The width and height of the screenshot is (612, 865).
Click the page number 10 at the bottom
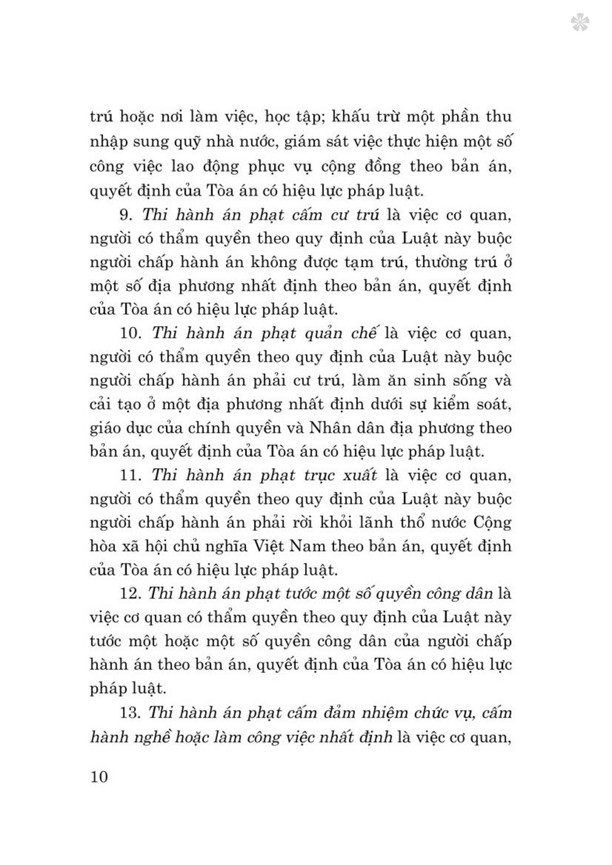click(x=99, y=777)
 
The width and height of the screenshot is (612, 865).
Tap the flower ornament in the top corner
click(x=580, y=23)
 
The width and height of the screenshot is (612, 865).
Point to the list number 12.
click(x=131, y=594)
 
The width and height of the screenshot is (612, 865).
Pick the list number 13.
click(x=131, y=713)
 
